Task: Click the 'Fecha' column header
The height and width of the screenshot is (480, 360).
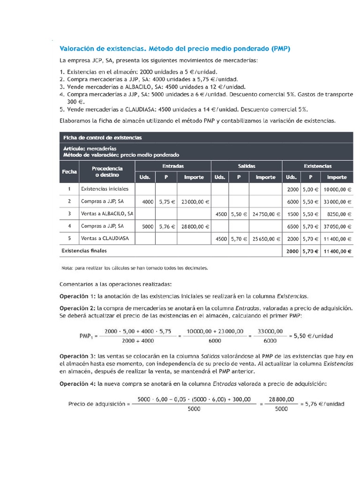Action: coord(69,172)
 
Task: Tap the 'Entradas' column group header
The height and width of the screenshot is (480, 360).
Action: coord(173,166)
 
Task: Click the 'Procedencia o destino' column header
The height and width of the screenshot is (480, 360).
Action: coord(107,172)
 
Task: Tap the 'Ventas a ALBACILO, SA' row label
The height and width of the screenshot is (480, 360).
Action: coord(107,213)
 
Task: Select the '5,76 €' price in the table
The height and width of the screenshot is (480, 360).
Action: coord(167,226)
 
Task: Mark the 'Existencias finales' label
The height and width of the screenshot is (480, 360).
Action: coord(84,251)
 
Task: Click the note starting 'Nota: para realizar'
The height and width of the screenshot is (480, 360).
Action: coord(134,269)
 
